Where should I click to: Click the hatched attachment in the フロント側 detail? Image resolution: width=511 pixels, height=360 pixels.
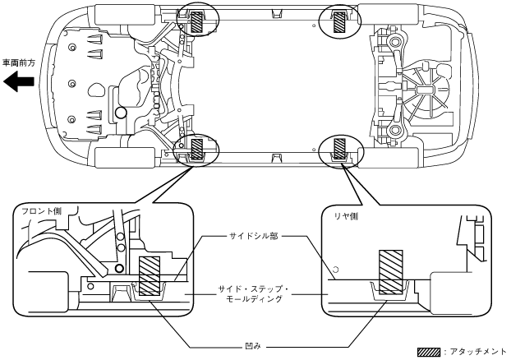pyautogui.click(x=150, y=277)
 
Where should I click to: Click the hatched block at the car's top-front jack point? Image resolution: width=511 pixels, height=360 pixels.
pyautogui.click(x=197, y=22)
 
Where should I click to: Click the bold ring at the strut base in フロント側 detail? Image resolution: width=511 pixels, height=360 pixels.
pyautogui.click(x=120, y=268)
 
